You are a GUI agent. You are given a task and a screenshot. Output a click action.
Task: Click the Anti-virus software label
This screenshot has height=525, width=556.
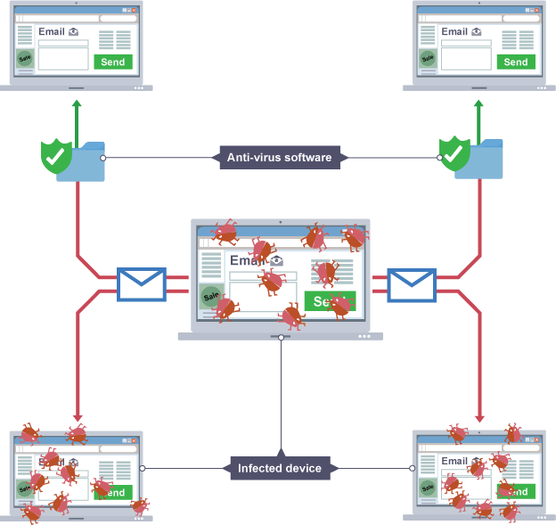coord(279,158)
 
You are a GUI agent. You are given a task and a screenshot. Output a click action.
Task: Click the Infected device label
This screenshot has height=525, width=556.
coord(280,468)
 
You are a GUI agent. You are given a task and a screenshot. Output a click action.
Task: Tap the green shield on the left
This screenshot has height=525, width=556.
coord(55,155)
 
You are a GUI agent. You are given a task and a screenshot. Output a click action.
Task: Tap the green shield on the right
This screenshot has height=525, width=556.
coord(454,153)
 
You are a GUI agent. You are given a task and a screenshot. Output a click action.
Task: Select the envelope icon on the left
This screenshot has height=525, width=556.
coord(142,284)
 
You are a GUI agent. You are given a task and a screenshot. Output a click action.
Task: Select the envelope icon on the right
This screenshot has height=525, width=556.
coord(412,284)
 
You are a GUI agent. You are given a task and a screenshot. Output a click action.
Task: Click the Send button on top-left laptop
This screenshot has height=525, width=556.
coord(113,62)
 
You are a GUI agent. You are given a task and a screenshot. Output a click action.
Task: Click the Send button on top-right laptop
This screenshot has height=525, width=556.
coord(516,62)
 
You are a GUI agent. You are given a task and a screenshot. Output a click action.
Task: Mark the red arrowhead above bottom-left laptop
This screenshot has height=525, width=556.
coord(77,416)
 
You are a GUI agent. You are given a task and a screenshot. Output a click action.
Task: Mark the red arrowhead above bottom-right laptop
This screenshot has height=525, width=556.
coord(481,416)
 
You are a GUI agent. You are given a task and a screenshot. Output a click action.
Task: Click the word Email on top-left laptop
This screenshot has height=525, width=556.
coord(52,31)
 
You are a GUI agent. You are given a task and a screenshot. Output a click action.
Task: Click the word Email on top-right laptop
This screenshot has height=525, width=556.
coord(454,31)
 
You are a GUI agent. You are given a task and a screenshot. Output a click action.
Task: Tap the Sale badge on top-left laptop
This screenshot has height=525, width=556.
coord(25,59)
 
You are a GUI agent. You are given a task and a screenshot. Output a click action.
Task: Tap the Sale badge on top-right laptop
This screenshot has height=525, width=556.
coord(428,59)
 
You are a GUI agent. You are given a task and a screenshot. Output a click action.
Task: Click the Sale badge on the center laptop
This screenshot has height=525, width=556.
coord(211,296)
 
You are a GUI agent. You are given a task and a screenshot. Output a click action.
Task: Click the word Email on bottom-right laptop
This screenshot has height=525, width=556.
coord(454,461)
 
